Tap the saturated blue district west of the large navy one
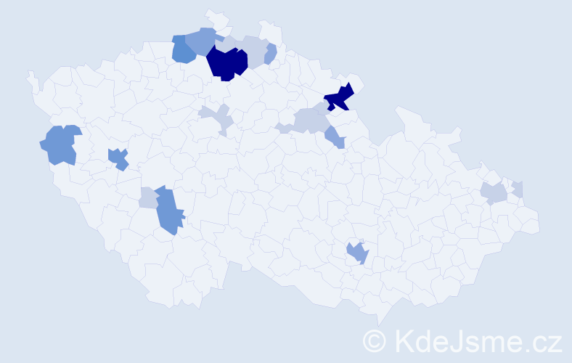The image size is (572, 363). pos(183,50)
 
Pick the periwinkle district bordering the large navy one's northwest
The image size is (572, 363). pos(203,39)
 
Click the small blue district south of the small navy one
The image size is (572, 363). pos(335,136)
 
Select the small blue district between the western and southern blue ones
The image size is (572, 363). pos(118,158)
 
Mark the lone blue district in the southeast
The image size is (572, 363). pos(357,253)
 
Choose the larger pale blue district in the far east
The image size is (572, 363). pos(494,193)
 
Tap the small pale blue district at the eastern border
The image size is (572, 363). pos(518,189)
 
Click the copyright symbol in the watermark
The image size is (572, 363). pos(375,340)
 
